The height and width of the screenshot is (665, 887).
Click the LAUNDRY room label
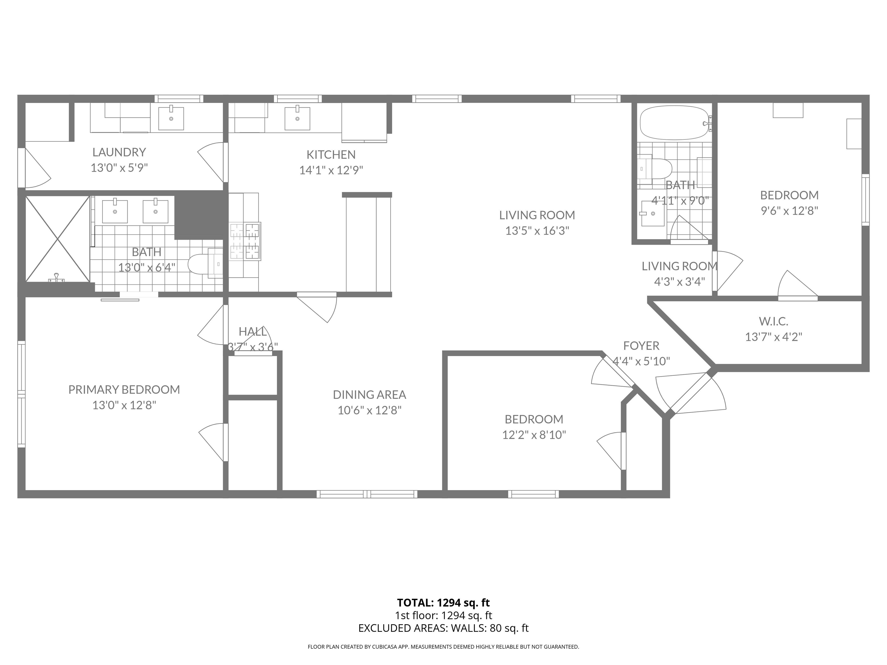pyautogui.click(x=119, y=152)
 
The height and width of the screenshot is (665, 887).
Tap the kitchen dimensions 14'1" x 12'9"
pyautogui.click(x=331, y=170)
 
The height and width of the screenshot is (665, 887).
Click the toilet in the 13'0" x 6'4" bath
pyautogui.click(x=200, y=264)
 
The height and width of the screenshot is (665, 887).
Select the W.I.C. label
pyautogui.click(x=773, y=321)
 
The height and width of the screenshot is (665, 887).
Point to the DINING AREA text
pyautogui.click(x=369, y=395)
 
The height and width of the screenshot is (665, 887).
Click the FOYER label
pyautogui.click(x=641, y=345)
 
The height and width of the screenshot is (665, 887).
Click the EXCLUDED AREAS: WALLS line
pyautogui.click(x=443, y=628)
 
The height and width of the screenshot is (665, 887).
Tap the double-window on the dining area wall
pyautogui.click(x=367, y=494)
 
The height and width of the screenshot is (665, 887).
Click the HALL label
pyautogui.click(x=252, y=332)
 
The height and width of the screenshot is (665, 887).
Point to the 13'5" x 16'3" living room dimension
pyautogui.click(x=537, y=231)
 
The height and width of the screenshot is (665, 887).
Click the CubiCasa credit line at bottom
pyautogui.click(x=443, y=647)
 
